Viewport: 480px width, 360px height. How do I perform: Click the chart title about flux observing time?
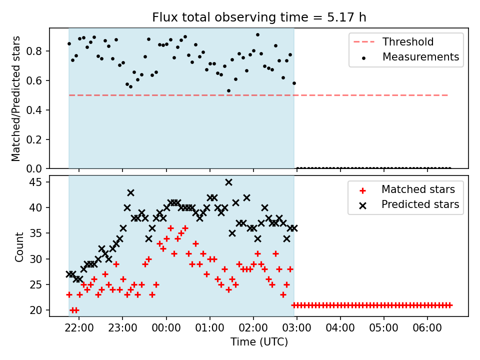click(259, 17)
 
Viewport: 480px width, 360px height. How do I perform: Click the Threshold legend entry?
click(393, 41)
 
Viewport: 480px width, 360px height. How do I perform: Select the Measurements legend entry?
click(410, 57)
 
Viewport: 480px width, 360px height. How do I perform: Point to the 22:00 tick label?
click(79, 328)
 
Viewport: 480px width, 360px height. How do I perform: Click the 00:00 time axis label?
click(166, 328)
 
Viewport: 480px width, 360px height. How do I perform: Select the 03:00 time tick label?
click(296, 328)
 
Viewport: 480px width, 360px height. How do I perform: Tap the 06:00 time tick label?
click(427, 328)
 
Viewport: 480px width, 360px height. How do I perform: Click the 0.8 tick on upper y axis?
click(34, 51)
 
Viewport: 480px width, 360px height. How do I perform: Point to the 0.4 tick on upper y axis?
click(34, 110)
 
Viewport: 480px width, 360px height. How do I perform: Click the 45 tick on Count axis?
click(35, 182)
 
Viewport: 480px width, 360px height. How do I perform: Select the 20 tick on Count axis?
click(35, 310)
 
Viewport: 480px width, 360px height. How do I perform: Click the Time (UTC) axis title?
click(259, 342)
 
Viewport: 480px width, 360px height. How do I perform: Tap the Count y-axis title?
click(19, 246)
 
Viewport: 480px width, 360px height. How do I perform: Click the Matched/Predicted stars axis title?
click(15, 98)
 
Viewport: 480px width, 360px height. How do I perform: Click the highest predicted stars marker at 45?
click(228, 182)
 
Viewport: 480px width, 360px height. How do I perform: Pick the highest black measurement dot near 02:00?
click(257, 35)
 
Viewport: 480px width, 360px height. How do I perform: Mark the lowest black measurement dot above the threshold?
click(228, 91)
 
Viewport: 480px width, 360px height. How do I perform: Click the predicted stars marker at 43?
click(130, 193)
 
